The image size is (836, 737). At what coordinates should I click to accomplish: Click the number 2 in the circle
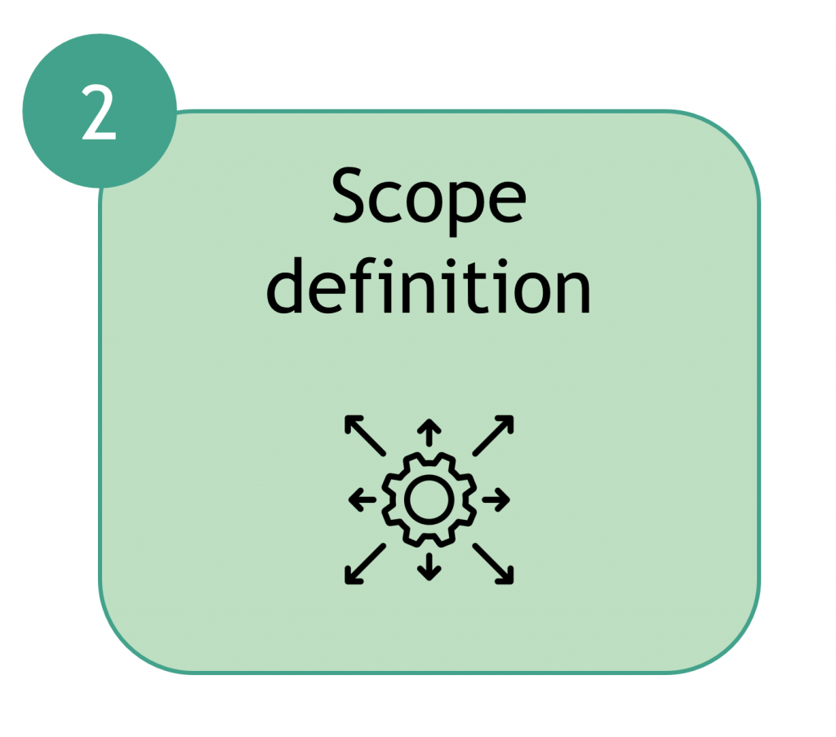[99, 113]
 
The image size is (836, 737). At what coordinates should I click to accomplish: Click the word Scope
[429, 199]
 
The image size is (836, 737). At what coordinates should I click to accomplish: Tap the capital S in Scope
[351, 195]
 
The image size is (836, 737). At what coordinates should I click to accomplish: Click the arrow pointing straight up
[429, 433]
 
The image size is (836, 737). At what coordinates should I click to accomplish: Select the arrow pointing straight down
[429, 566]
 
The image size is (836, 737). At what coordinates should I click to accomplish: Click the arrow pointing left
[362, 499]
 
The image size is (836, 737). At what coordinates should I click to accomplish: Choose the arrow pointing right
[496, 499]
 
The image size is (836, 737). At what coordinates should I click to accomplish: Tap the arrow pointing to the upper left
[365, 435]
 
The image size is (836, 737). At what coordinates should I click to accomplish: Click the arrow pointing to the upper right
[493, 435]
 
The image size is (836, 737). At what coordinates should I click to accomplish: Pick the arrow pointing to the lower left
[365, 564]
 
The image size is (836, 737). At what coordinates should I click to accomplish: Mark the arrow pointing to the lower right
[493, 564]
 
